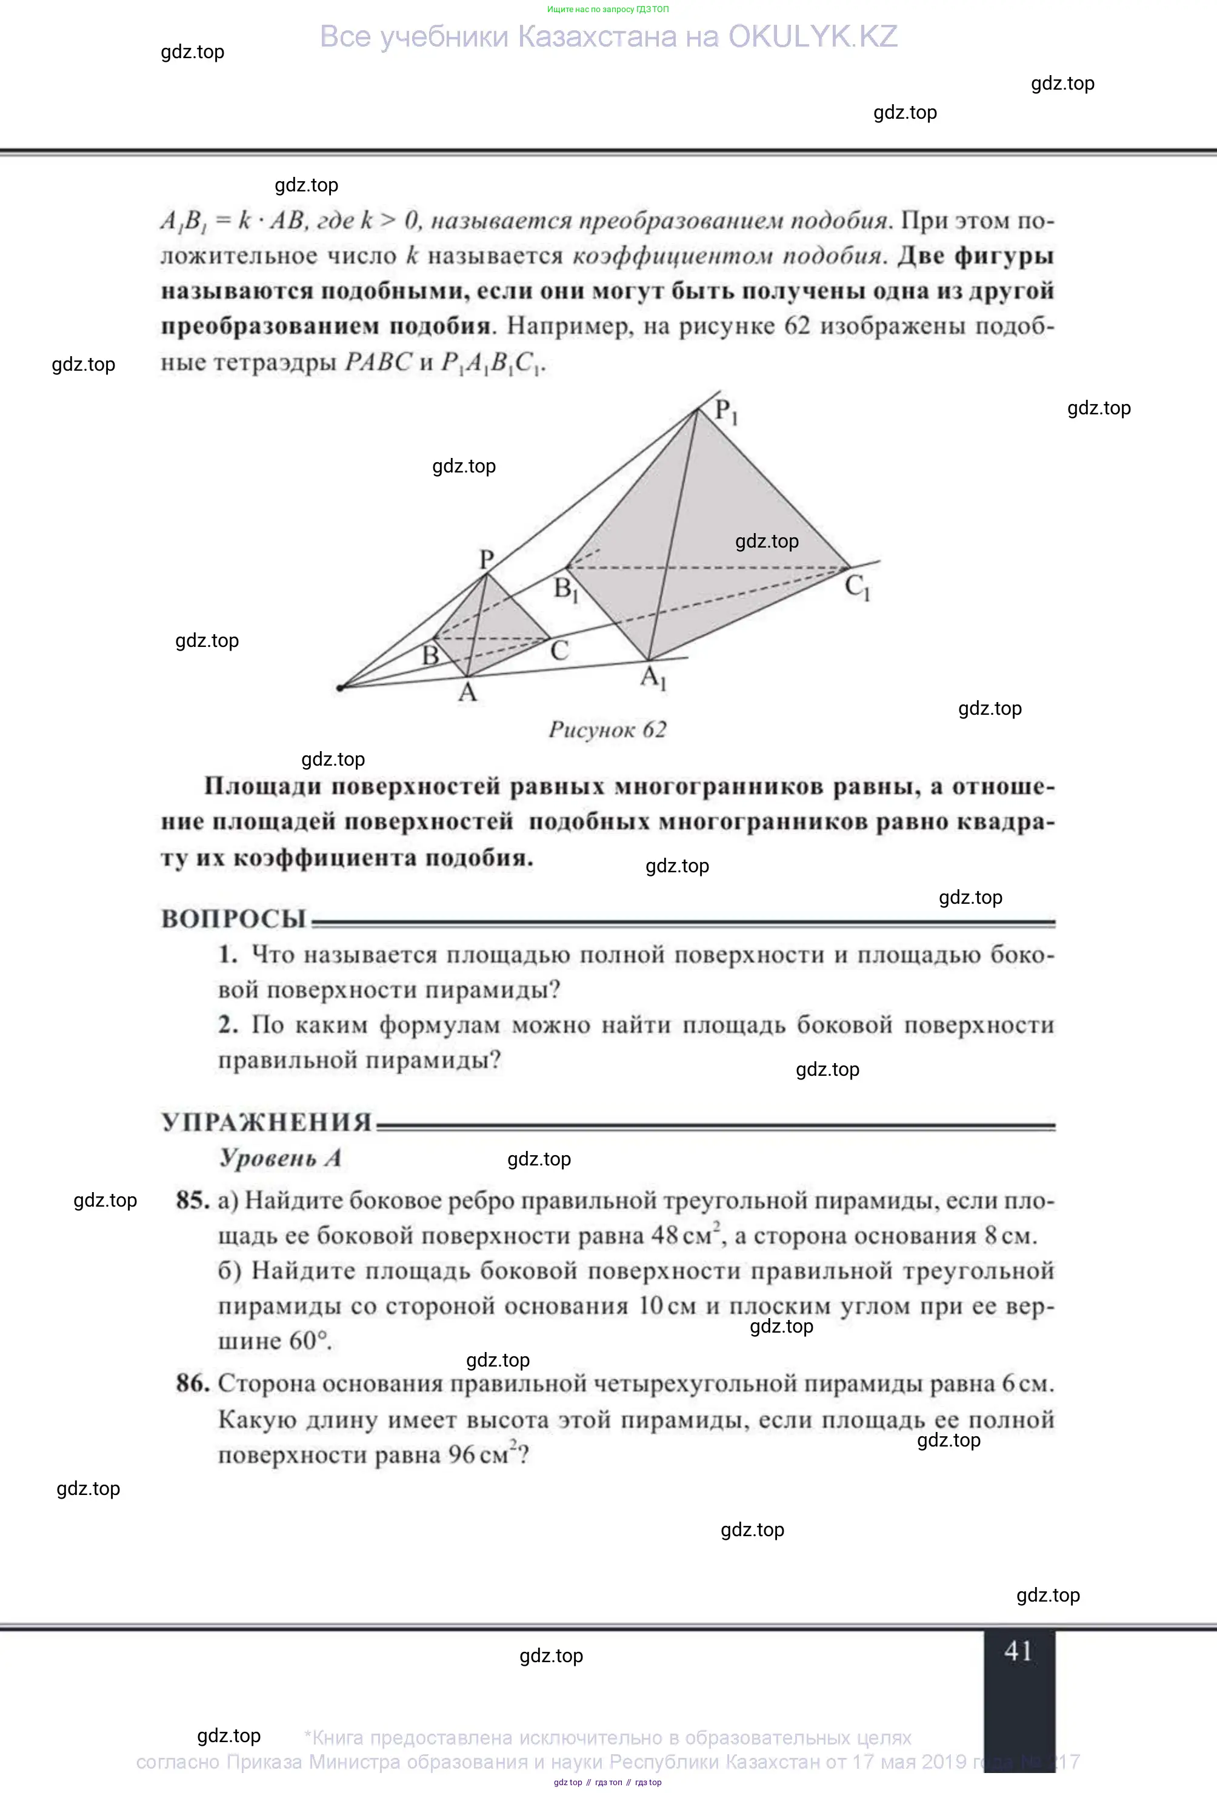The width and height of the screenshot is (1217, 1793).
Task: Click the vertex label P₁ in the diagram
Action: (x=725, y=411)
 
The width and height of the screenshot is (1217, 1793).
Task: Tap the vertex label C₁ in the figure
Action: (x=856, y=588)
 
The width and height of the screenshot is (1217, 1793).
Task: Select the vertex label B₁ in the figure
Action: (x=565, y=590)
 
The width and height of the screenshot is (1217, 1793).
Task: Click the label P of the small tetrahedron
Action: (x=486, y=558)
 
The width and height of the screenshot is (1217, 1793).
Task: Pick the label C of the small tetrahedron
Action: (x=559, y=651)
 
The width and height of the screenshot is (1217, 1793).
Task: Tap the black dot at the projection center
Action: (x=341, y=687)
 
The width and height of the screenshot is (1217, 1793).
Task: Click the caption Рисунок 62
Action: (x=607, y=730)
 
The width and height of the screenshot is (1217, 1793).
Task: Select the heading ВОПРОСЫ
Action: (x=234, y=919)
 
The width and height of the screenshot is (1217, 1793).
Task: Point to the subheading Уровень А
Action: (x=280, y=1158)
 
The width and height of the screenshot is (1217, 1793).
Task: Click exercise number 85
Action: (x=193, y=1201)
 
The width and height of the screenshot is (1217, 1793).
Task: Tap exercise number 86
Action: (x=193, y=1384)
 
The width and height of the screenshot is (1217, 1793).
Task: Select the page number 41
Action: (x=1018, y=1651)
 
